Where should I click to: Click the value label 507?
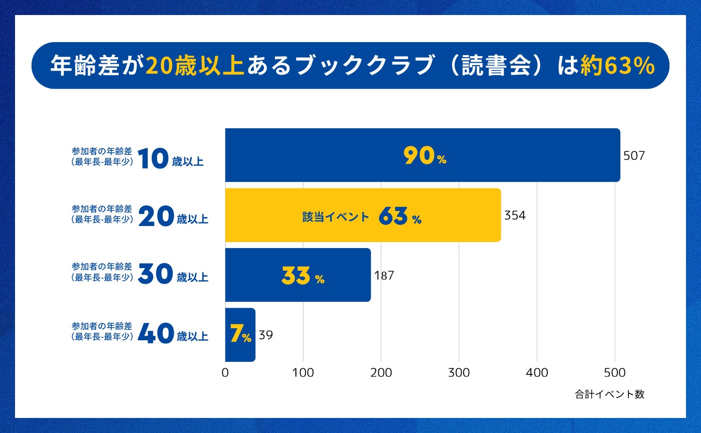click(634, 156)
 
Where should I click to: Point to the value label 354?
click(515, 215)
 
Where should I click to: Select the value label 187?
click(384, 275)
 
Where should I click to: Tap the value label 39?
click(266, 335)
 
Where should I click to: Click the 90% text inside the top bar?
click(425, 156)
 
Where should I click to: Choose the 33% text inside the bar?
click(303, 276)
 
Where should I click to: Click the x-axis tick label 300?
click(459, 372)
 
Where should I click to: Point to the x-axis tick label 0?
click(225, 372)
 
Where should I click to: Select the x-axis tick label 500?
click(615, 372)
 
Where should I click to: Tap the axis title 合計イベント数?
click(609, 394)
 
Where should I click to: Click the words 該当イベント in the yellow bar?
click(335, 217)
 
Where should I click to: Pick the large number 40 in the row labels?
click(156, 334)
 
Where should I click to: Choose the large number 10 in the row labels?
click(152, 158)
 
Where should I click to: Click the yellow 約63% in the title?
click(617, 66)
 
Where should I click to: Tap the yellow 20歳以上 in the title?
click(195, 66)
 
